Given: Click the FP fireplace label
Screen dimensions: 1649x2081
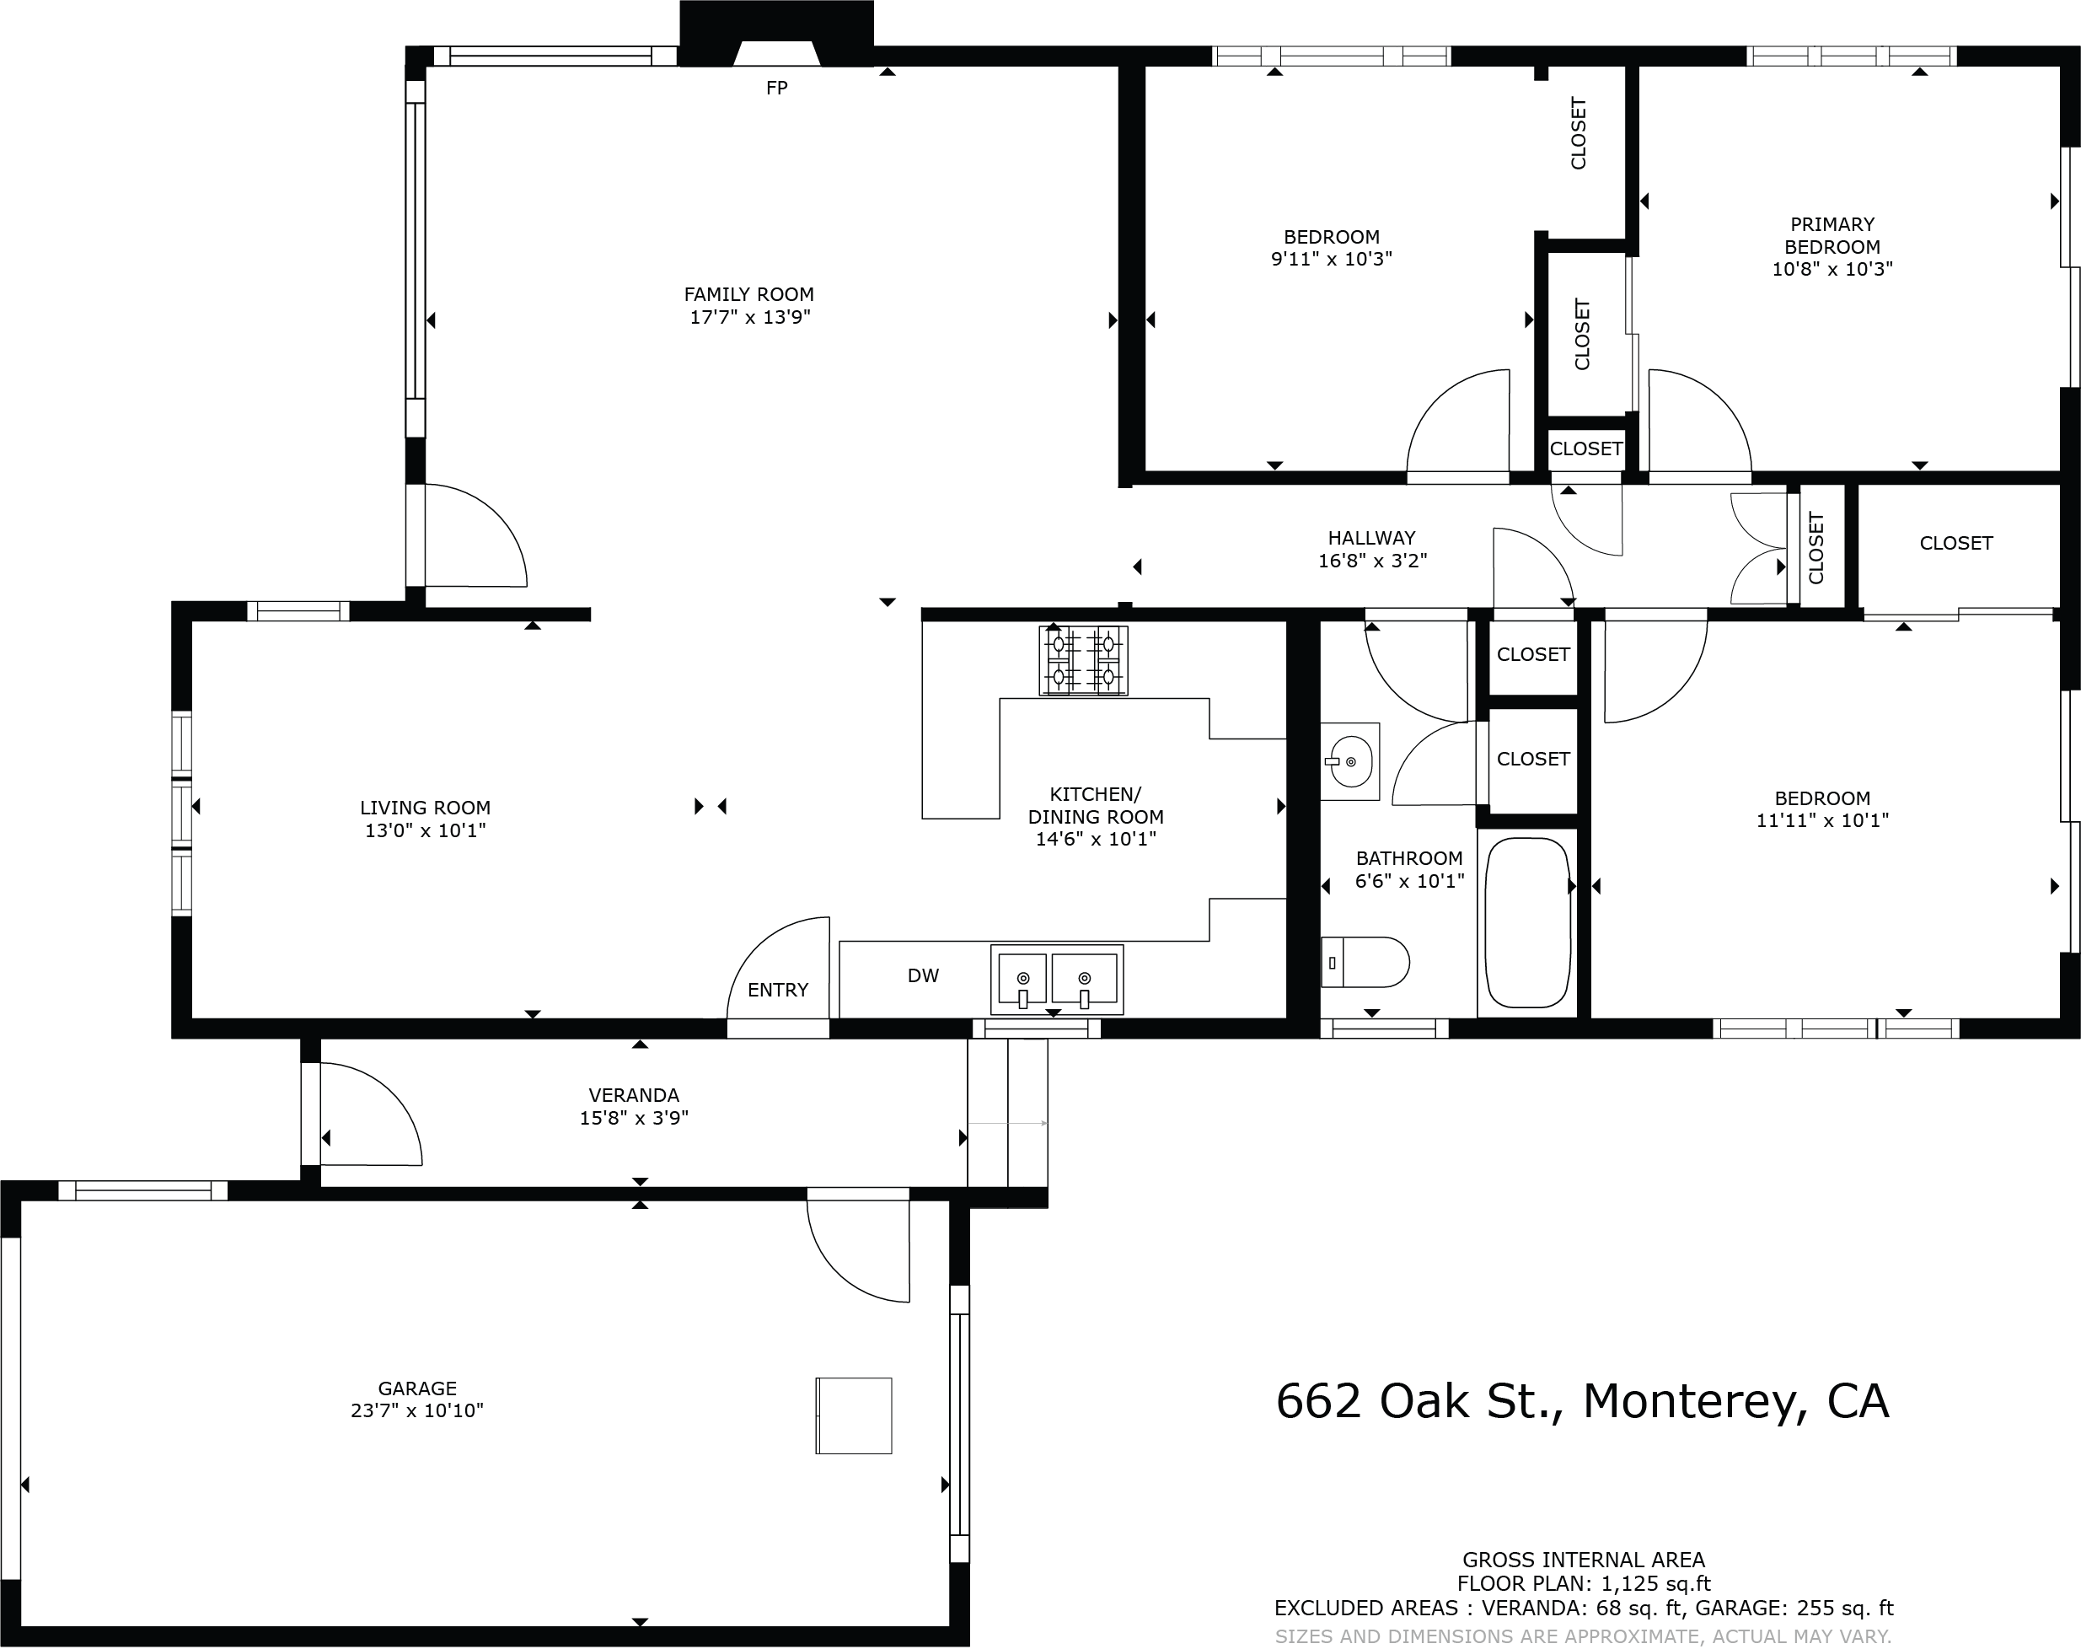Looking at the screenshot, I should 776,88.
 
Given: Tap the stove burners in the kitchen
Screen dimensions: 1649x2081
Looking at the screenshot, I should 1083,660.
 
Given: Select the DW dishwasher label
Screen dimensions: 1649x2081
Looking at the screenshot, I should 923,975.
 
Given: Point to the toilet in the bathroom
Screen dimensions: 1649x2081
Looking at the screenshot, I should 1365,962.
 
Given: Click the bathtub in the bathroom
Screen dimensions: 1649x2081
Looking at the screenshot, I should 1527,922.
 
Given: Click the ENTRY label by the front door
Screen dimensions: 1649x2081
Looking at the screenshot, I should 777,990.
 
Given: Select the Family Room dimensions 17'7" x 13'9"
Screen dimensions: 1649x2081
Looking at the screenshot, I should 749,318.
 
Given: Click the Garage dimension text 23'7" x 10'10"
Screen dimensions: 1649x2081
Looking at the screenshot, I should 417,1410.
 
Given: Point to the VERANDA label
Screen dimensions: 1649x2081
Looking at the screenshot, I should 633,1095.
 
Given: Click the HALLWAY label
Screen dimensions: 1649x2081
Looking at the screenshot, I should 1370,538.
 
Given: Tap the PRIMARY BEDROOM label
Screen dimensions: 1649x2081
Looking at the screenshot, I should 1831,234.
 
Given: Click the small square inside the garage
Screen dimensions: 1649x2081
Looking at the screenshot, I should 853,1415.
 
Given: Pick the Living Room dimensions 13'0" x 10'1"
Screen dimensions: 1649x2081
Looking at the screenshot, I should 425,830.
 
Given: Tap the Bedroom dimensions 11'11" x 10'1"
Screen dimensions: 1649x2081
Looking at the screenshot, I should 1821,820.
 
